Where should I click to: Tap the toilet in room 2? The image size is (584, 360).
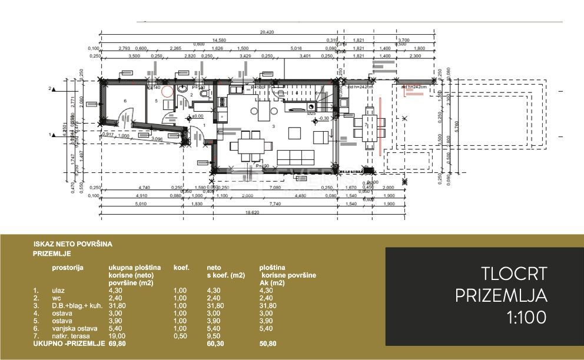(x=204, y=92)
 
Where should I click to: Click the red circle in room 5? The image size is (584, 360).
(x=167, y=92)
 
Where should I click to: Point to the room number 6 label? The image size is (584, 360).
(x=125, y=101)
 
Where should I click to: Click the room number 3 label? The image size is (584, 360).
(x=273, y=126)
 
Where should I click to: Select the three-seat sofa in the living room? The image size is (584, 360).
(x=295, y=157)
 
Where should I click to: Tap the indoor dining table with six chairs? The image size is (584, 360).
(x=249, y=145)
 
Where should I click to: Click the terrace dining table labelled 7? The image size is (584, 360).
(x=369, y=128)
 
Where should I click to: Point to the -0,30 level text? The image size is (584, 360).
(x=324, y=118)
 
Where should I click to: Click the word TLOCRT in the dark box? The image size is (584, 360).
(x=515, y=274)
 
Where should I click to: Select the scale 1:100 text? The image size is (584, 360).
(x=526, y=318)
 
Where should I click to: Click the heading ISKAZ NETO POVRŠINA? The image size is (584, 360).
(x=73, y=243)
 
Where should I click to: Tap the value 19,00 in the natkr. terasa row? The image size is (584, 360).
(x=117, y=336)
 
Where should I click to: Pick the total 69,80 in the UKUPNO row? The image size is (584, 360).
(x=117, y=343)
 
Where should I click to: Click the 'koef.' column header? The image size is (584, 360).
(x=181, y=268)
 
